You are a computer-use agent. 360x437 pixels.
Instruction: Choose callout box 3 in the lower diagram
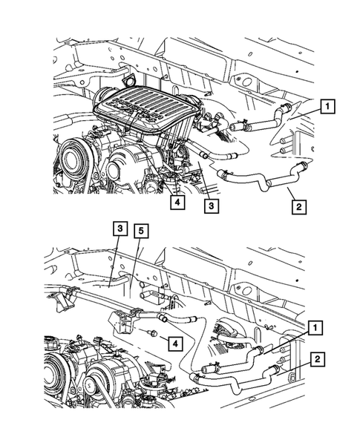pyautogui.click(x=117, y=230)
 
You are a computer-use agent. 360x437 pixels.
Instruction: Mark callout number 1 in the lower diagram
pyautogui.click(x=316, y=326)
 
